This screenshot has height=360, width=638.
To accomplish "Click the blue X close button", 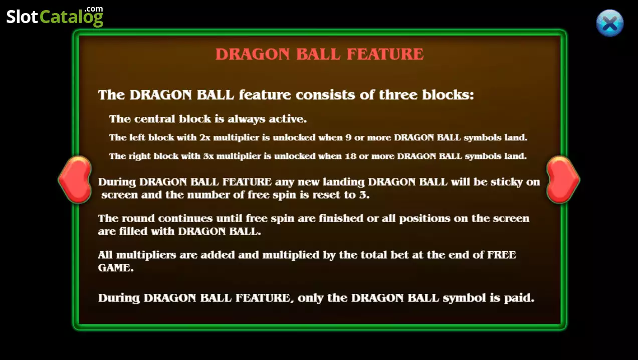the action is tap(610, 24).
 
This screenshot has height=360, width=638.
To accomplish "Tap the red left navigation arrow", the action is tap(75, 179).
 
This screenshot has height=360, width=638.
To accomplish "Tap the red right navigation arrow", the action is tap(563, 179).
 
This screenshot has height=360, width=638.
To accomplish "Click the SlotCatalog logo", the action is tap(55, 17).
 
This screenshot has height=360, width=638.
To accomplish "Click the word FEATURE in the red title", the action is tap(385, 54).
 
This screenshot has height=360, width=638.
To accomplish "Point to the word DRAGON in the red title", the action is tap(253, 54).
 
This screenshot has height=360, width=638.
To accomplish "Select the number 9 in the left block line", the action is tap(348, 138).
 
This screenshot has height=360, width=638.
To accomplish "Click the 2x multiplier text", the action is tap(205, 138).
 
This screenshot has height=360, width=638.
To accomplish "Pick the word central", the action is tap(154, 119).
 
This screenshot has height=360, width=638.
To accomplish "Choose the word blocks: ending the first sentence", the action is tap(448, 95).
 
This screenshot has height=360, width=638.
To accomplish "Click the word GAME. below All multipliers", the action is tap(116, 268).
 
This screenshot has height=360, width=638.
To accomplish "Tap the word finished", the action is tap(341, 218).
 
